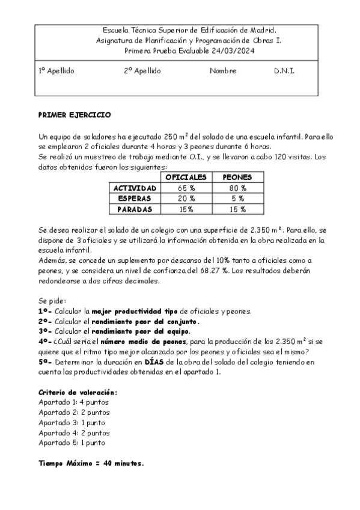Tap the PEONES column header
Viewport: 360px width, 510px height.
pos(237,177)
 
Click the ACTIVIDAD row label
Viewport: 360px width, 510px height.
pos(135,188)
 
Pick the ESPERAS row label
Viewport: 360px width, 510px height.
pos(135,198)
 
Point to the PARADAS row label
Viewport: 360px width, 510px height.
pos(135,209)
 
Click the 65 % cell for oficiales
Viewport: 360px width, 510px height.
pos(186,188)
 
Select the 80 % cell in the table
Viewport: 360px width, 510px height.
pos(237,188)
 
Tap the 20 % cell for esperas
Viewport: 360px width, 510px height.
pos(186,198)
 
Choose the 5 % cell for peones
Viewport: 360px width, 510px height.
pos(237,198)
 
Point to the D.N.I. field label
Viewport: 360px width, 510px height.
pos(284,71)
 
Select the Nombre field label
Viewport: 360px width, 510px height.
pos(223,71)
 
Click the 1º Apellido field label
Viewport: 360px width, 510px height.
pos(56,71)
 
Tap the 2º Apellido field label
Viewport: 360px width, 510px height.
pos(143,71)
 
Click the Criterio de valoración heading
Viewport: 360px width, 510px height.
pos(78,392)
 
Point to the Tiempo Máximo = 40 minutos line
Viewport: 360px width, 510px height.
pos(91,464)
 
